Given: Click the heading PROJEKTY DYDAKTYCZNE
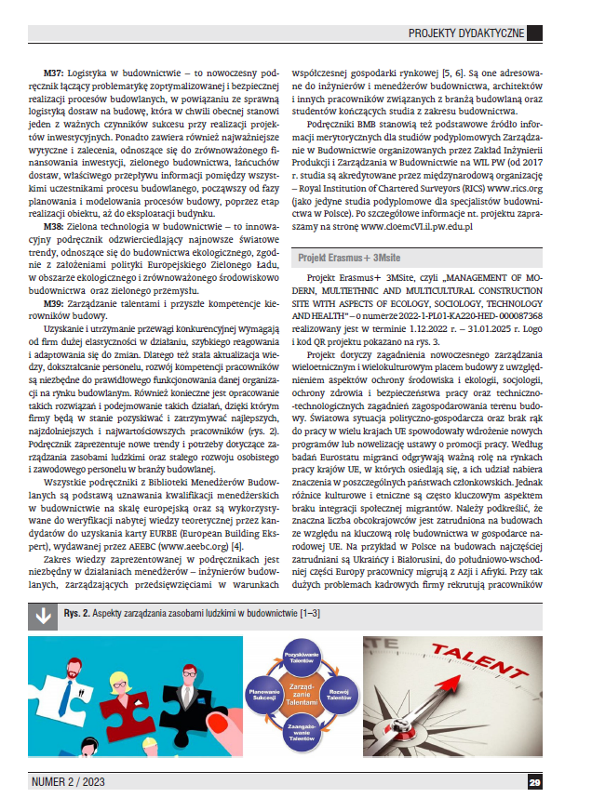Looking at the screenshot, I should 466,33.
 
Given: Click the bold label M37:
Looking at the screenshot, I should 55,72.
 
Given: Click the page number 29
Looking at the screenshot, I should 534,783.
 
